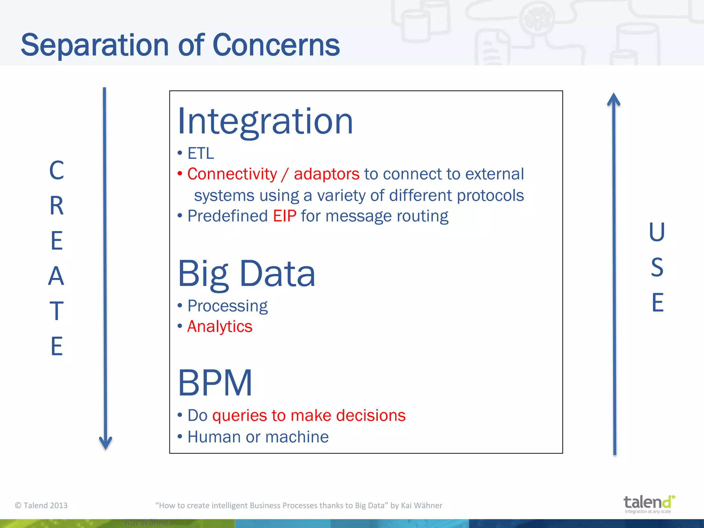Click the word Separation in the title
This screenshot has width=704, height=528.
(95, 45)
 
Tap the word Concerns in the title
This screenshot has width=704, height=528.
(276, 45)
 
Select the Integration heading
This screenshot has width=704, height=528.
(265, 121)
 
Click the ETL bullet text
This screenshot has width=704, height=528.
(200, 153)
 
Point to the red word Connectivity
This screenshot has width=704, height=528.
(232, 174)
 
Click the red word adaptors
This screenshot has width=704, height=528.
(326, 174)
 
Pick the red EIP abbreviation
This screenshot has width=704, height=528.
(285, 216)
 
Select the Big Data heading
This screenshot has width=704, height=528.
(246, 274)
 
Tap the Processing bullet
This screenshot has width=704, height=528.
(227, 306)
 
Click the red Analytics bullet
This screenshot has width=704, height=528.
(220, 326)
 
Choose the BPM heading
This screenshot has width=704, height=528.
(215, 383)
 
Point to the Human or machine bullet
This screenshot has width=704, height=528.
(258, 437)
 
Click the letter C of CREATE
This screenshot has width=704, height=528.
(57, 170)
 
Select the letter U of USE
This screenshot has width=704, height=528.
(657, 232)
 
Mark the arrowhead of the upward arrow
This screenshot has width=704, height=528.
(614, 99)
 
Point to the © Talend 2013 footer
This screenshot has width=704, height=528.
(41, 505)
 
